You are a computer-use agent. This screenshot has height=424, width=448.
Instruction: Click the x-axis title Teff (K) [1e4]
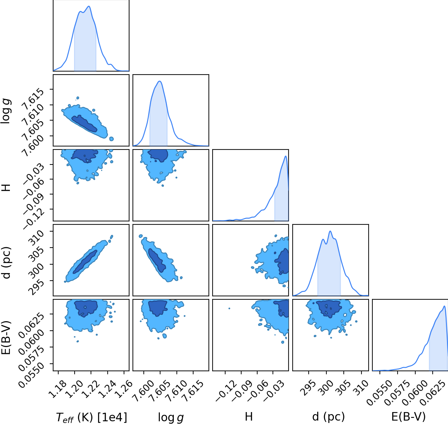[x=91, y=417]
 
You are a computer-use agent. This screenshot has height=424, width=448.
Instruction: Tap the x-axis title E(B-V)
[x=408, y=417]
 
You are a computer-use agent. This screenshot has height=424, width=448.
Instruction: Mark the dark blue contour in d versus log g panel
[x=157, y=260]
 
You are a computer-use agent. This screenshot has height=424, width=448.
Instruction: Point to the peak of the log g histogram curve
[x=160, y=81]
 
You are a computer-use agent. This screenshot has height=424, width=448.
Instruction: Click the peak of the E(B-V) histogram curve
[x=444, y=306]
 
